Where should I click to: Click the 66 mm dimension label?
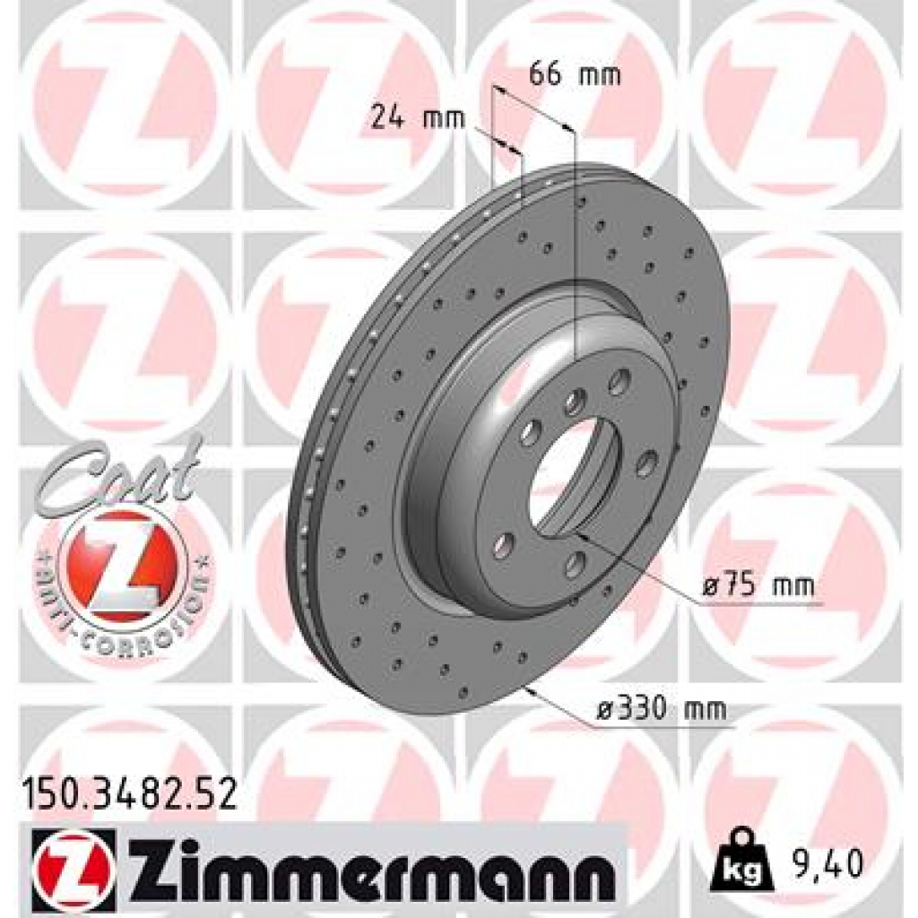click(575, 74)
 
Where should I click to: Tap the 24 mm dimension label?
click(419, 117)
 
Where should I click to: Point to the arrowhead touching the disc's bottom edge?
click(534, 691)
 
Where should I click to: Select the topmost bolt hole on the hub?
click(618, 383)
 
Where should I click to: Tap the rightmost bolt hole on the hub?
click(646, 463)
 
